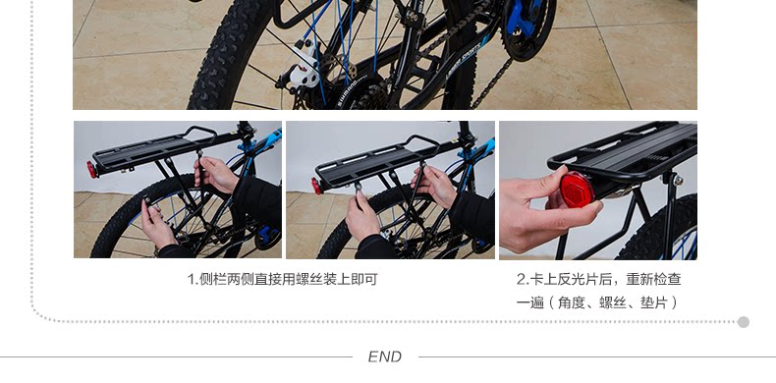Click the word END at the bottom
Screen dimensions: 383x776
(384, 357)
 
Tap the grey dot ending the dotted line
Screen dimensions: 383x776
(743, 322)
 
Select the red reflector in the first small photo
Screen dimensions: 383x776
(91, 170)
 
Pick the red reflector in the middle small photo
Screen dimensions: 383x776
(317, 186)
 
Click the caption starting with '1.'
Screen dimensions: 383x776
(282, 279)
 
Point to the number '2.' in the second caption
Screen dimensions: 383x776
(523, 279)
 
